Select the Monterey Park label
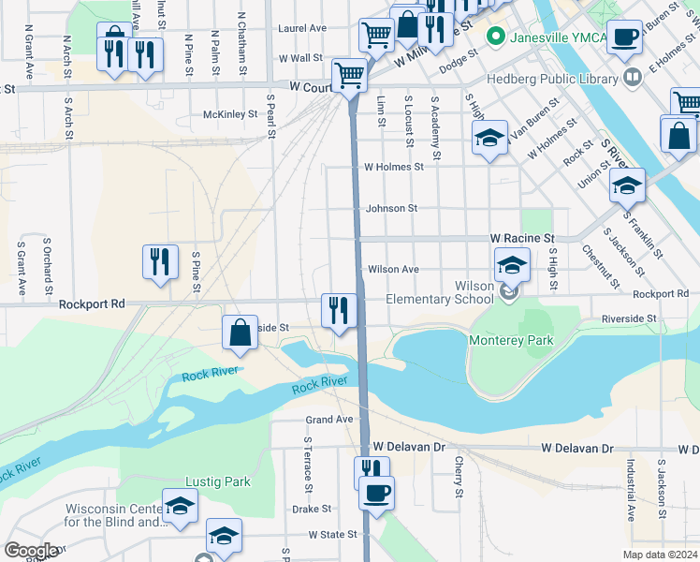(511, 340)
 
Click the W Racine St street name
(523, 239)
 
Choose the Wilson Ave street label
(393, 269)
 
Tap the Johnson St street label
(391, 208)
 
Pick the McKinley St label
(230, 114)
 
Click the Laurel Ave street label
(299, 29)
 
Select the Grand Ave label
(329, 419)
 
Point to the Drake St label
(312, 509)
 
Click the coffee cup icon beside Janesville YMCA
(624, 37)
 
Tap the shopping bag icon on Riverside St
(241, 332)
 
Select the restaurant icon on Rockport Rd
(338, 310)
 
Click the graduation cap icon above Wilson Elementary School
(512, 264)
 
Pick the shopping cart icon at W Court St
(350, 74)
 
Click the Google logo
(30, 551)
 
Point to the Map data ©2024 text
(660, 555)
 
